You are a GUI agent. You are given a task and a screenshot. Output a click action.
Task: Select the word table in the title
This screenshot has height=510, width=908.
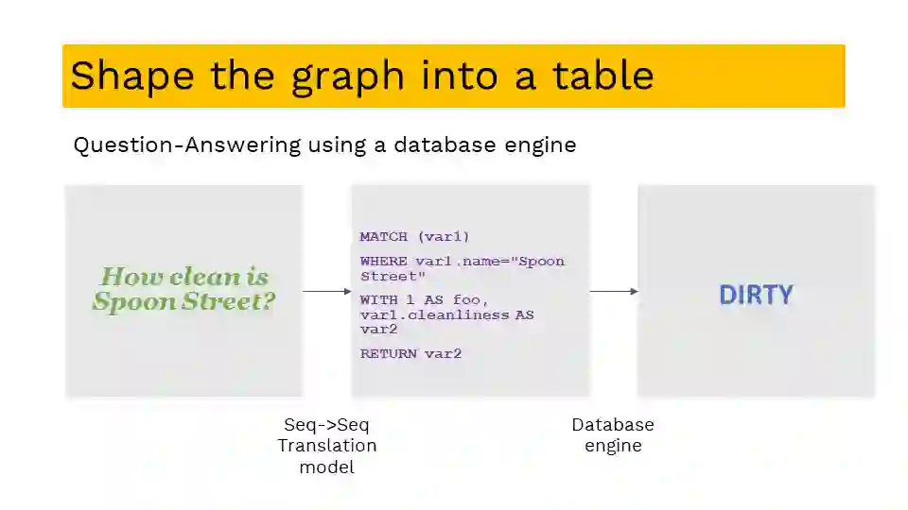602,76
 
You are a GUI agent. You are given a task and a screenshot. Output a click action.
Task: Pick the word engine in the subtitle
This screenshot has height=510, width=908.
541,145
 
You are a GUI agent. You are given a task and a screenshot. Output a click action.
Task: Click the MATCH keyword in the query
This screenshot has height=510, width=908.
384,236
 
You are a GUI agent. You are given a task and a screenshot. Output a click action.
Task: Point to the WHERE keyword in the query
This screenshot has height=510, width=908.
384,261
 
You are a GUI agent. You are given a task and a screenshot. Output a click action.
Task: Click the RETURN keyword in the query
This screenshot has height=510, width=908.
389,353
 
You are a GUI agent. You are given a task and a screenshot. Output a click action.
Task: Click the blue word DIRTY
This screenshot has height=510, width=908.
756,295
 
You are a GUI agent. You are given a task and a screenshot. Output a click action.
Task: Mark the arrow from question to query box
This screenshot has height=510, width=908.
326,291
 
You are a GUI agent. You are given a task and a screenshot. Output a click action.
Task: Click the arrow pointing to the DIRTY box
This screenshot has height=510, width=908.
614,291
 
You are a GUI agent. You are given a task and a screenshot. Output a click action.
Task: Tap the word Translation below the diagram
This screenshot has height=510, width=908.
327,446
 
